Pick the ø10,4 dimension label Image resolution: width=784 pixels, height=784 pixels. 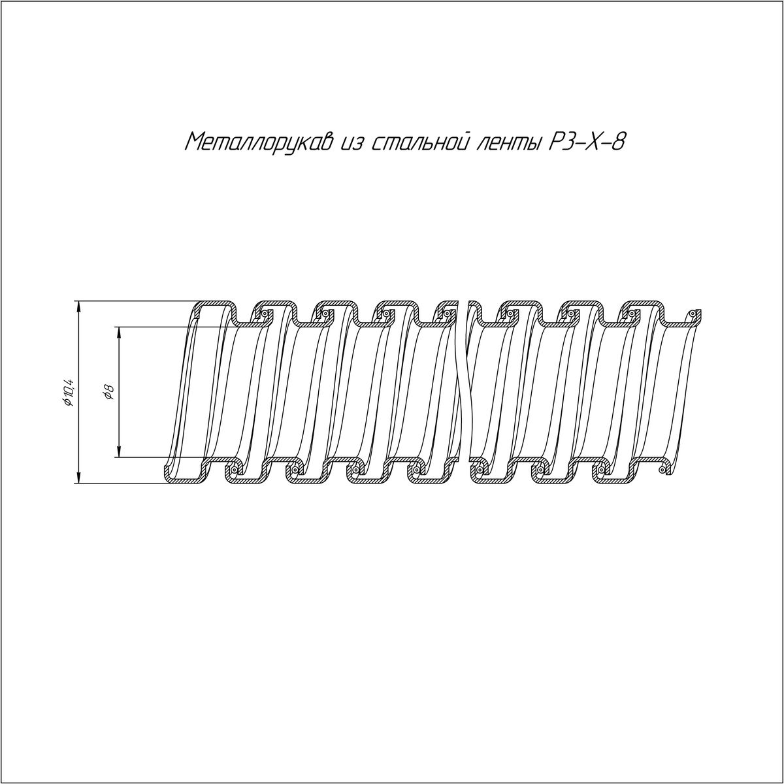pos(68,392)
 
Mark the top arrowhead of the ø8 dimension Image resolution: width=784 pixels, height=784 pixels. pos(119,333)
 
